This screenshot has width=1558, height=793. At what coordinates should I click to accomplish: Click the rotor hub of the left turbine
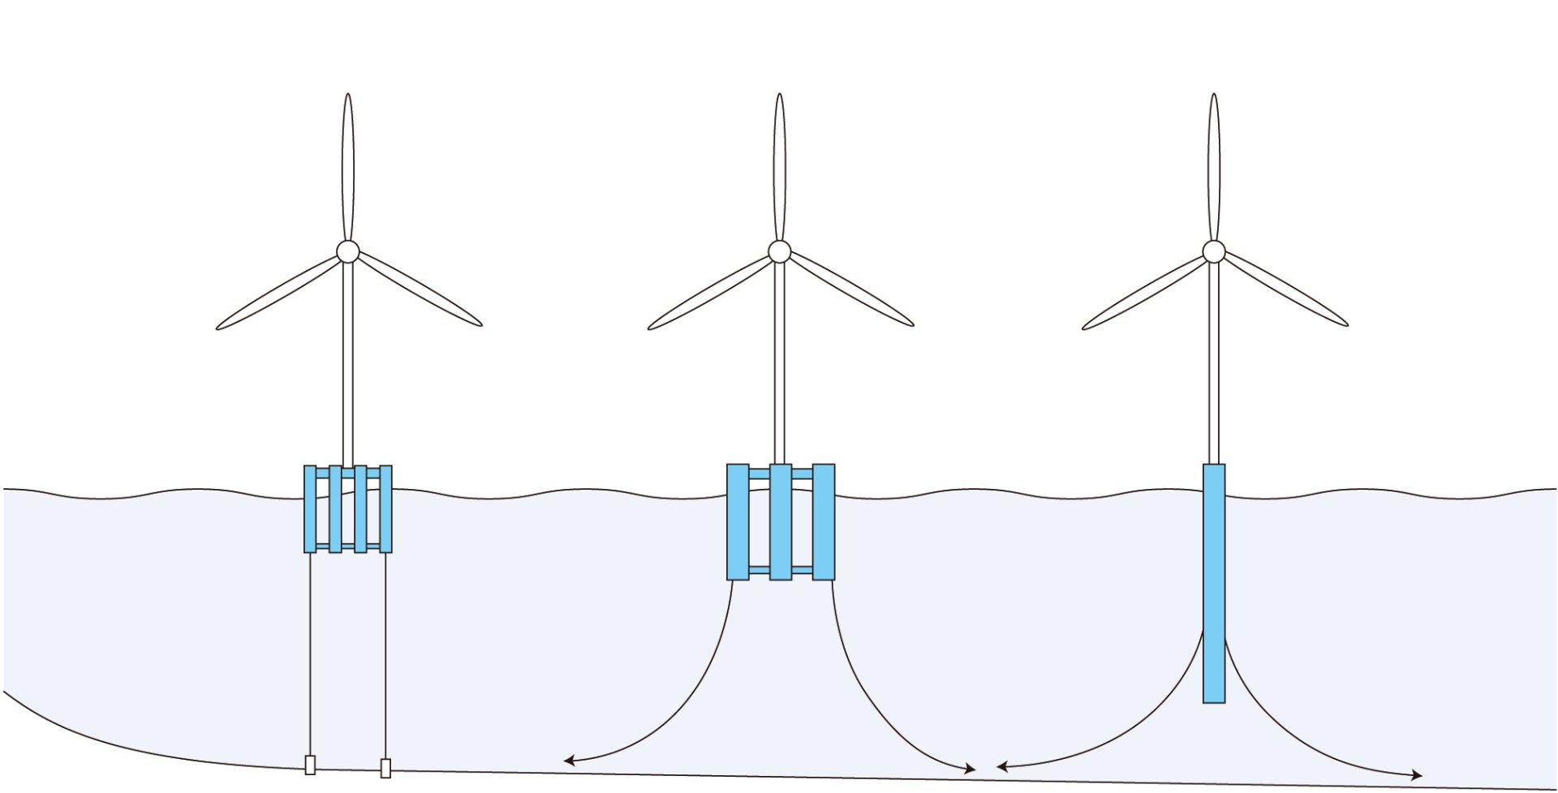(348, 251)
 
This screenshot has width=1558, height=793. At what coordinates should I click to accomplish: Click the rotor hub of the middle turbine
(780, 251)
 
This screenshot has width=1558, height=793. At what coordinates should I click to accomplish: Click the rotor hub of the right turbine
(1214, 251)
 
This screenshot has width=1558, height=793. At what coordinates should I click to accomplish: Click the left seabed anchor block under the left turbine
(310, 765)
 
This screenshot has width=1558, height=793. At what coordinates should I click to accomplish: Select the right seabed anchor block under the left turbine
(385, 768)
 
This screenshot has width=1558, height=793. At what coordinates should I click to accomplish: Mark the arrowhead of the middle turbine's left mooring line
(568, 761)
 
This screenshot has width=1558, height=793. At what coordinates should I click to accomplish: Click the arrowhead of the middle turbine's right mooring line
(971, 769)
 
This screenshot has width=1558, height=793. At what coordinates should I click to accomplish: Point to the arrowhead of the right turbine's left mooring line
(1001, 766)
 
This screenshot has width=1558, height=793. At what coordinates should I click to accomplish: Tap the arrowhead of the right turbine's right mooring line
(1417, 776)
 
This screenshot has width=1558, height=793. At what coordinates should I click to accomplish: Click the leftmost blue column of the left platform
(310, 509)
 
